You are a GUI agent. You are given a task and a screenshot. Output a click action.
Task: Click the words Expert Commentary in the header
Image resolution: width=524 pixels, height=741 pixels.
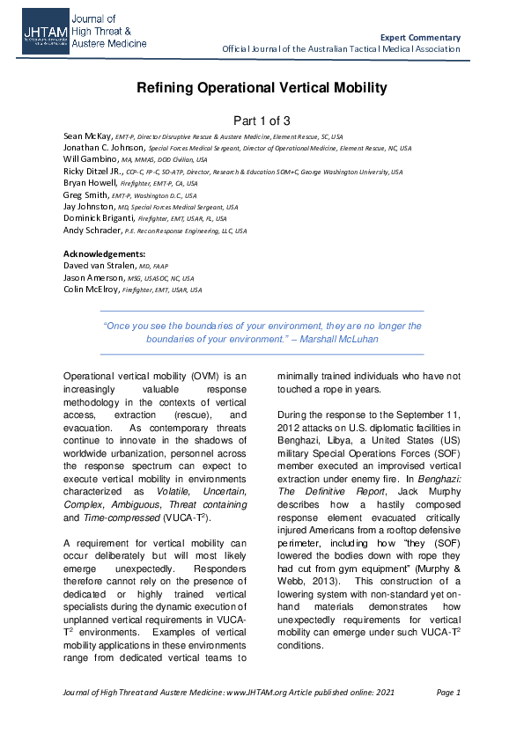[x=420, y=37]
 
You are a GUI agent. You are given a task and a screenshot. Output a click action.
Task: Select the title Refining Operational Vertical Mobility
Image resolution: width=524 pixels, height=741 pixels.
[x=262, y=88]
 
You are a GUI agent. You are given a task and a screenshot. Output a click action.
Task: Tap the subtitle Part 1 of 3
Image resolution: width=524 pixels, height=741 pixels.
[x=262, y=121]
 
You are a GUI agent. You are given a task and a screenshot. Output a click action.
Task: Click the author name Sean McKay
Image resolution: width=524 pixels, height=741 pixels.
[x=87, y=136]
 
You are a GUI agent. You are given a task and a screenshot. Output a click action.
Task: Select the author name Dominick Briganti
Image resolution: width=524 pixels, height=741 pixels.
[x=100, y=217]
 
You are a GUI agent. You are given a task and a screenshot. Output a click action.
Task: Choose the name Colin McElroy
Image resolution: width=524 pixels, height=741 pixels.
[x=92, y=289]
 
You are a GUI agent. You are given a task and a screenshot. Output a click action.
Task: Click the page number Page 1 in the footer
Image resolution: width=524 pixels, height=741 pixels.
[x=448, y=693]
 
